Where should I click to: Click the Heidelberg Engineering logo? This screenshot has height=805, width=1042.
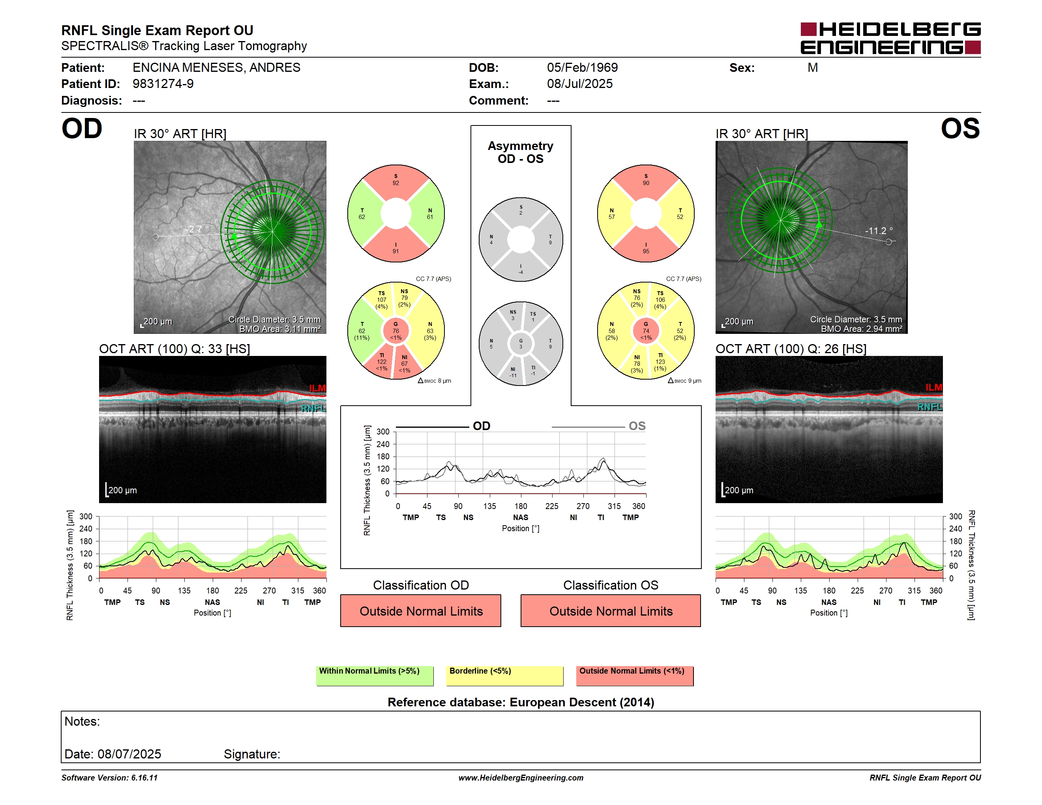coord(890,38)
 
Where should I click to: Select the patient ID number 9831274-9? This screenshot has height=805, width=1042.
coord(163,84)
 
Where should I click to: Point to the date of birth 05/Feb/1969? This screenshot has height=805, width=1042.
coord(582,68)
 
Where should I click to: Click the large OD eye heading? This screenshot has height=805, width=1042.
coord(82,129)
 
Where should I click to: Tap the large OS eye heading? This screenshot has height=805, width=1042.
coord(960,129)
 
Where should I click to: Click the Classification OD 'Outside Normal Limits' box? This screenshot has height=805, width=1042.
coord(421,610)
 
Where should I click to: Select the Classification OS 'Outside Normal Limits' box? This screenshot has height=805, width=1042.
coord(611,610)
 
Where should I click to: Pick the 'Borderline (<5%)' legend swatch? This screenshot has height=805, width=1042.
coord(505,676)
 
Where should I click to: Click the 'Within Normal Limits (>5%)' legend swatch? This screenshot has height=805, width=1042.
coord(375,676)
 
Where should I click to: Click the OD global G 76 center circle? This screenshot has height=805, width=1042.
coord(396,331)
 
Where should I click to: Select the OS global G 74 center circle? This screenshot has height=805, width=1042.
coord(645,331)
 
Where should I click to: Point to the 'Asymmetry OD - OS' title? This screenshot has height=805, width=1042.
coord(521,152)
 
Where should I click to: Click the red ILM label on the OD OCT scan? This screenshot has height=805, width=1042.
coord(317,388)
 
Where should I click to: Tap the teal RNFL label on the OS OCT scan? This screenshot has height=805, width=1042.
coord(930,407)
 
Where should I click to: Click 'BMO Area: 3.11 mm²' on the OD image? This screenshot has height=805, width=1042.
coord(280,329)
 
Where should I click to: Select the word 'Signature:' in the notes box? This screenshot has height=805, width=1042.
coord(252,754)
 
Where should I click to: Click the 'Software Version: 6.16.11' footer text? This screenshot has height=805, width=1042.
coord(109,778)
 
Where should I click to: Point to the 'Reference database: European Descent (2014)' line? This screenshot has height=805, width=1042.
coord(521,702)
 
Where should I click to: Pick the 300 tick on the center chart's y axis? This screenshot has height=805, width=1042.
coord(383,432)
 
